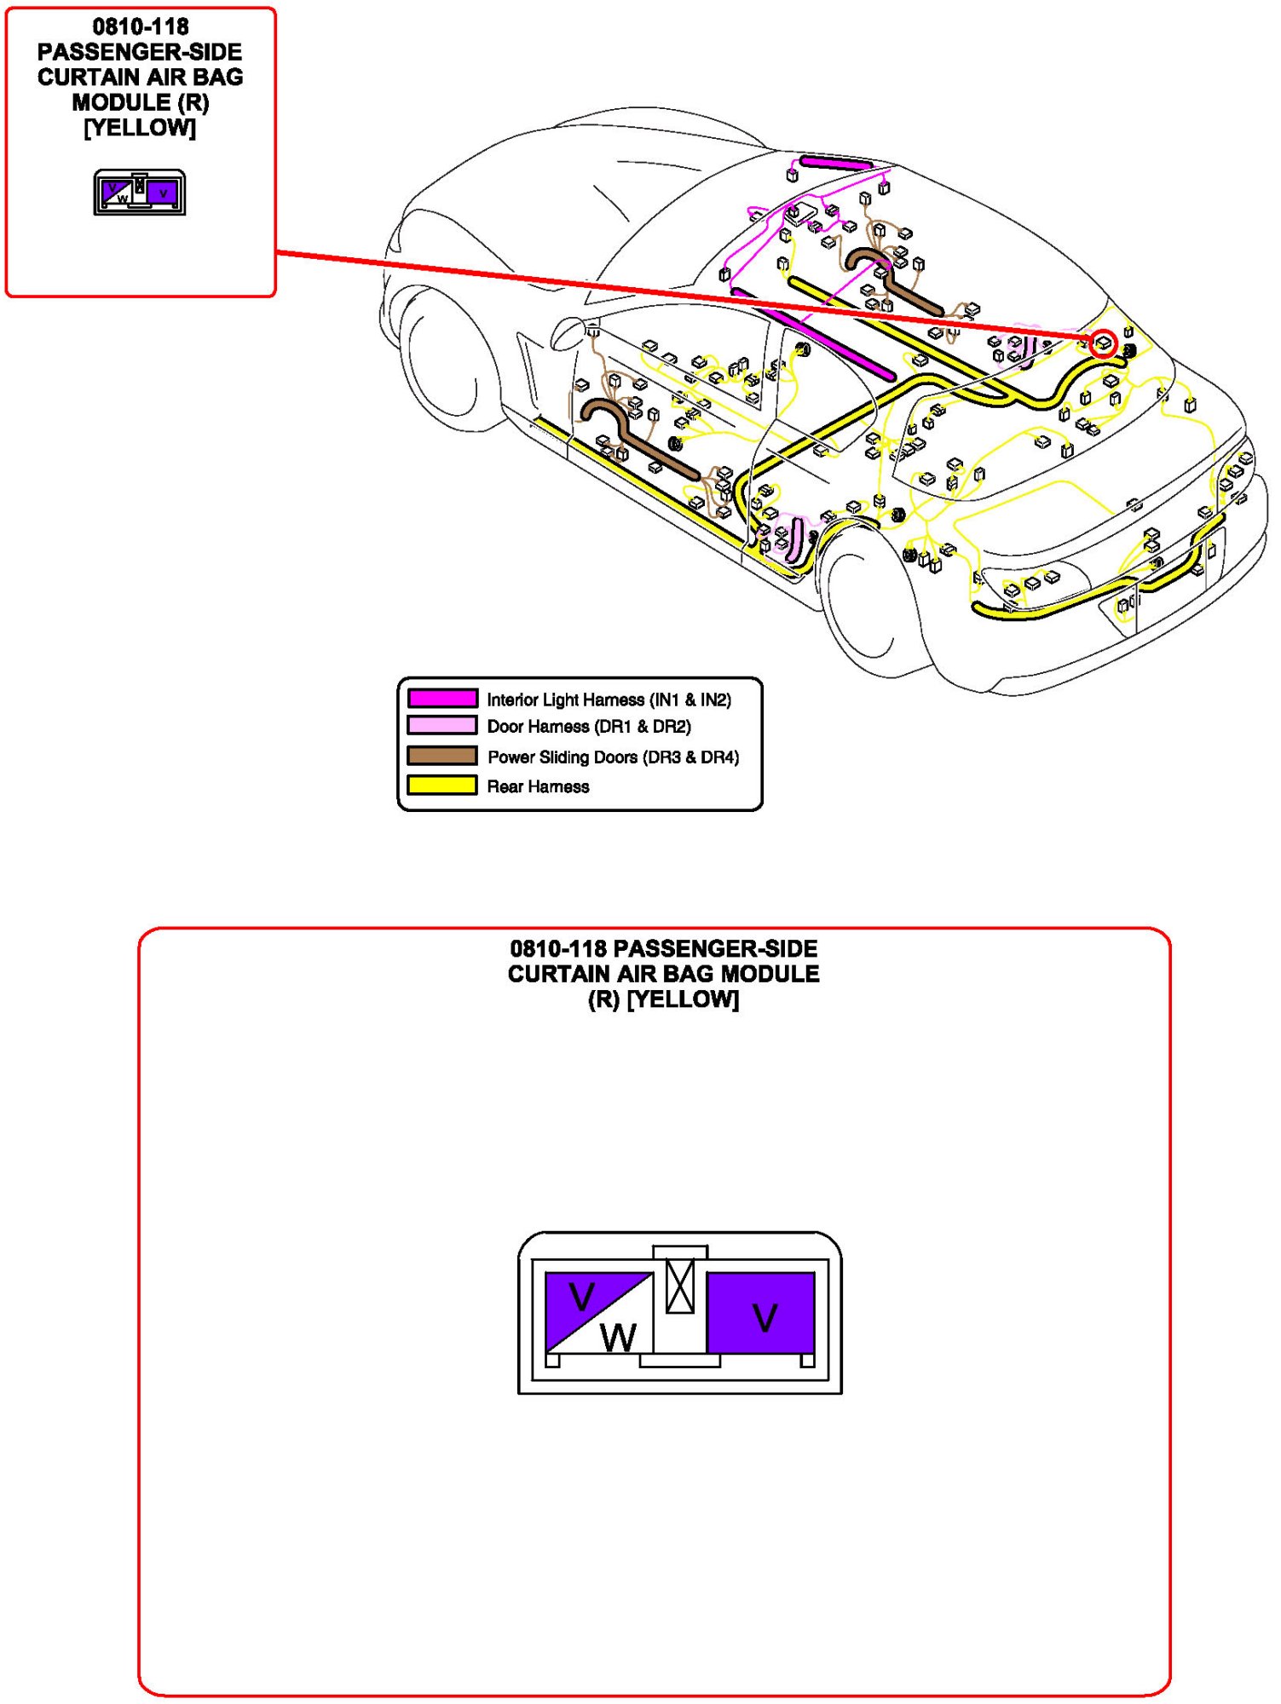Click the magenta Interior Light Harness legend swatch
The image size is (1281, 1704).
click(441, 699)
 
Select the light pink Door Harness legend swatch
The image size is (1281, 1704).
click(441, 726)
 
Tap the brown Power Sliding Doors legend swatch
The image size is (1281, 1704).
click(441, 756)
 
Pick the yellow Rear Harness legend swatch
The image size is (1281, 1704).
click(441, 785)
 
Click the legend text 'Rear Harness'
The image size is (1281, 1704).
click(538, 786)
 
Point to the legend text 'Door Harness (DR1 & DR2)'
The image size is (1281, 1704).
click(589, 727)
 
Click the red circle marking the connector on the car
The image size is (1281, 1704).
click(1104, 343)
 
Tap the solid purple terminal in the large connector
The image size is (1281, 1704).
click(761, 1312)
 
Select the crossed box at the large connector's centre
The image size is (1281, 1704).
click(680, 1286)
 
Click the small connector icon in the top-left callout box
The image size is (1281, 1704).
click(140, 193)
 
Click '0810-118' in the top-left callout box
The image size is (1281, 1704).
click(141, 26)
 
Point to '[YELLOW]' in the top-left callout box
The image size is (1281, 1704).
click(140, 128)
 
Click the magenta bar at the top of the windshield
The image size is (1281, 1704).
click(835, 163)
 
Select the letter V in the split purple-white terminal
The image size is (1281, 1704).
click(582, 1298)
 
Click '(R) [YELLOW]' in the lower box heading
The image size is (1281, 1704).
click(663, 999)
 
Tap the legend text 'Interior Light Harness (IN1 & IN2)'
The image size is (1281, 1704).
click(609, 699)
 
